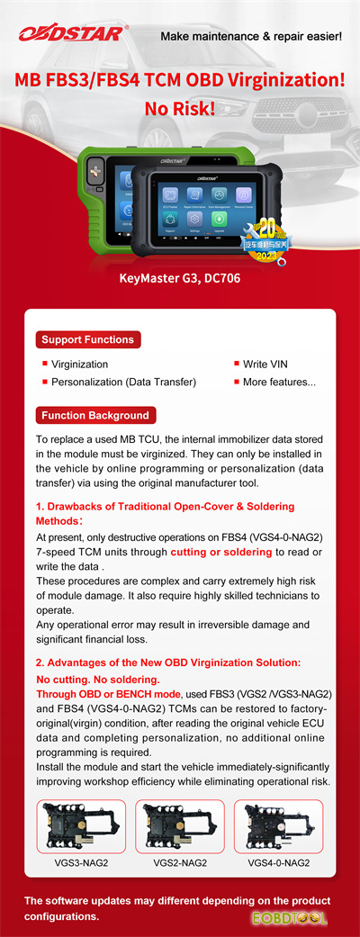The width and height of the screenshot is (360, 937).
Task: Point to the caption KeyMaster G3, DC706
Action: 180,278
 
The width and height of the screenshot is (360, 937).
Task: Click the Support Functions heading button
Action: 87,339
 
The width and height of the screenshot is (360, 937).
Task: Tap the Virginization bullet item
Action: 79,365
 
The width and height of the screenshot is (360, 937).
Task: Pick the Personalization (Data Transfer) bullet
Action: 123,383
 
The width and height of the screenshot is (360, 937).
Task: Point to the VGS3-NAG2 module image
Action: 82,826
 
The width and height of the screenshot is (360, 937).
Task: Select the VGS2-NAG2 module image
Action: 180,826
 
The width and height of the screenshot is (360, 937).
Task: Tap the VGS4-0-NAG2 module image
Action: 278,826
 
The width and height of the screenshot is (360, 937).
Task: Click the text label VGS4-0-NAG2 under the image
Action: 278,863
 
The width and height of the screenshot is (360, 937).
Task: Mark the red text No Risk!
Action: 180,109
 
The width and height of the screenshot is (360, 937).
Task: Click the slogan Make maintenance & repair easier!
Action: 250,37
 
